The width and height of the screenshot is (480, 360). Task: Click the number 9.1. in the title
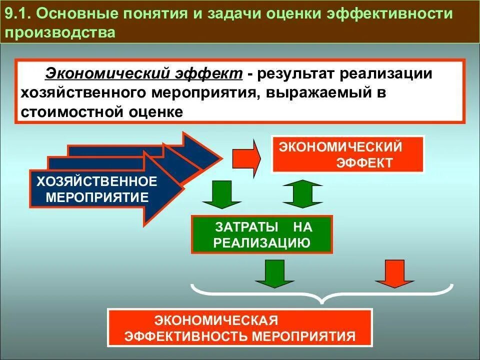tap(18, 14)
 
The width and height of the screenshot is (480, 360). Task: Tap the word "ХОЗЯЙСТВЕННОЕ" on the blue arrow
tap(96, 180)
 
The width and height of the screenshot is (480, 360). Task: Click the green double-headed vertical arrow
tap(302, 193)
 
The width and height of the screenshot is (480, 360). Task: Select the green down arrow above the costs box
tap(221, 194)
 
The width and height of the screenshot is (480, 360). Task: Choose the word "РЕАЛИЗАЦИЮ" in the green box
tap(262, 242)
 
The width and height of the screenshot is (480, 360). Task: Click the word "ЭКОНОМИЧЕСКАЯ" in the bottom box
tap(216, 319)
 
